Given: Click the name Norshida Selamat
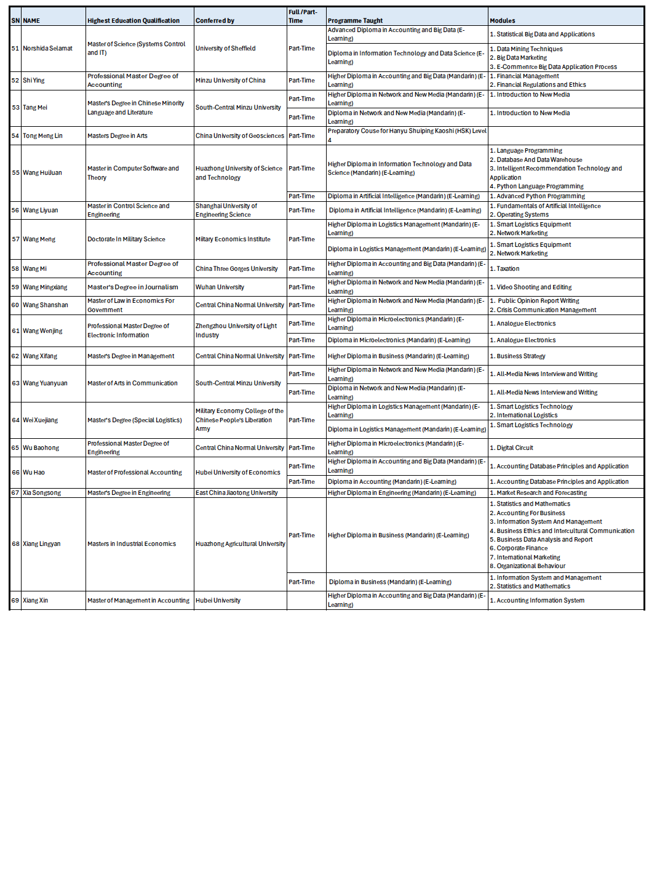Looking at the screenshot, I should coord(47,49).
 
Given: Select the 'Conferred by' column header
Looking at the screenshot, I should coord(215,21).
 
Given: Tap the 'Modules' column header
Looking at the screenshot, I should coord(503,21).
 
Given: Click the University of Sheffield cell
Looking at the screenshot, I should coord(225,49).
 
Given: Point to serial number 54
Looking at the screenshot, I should coord(15,136).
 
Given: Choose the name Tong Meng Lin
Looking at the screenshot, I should coord(42,136).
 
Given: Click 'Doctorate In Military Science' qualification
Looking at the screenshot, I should coord(126,239).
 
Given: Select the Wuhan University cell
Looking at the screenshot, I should coord(220,287).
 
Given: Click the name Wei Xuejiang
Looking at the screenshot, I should coord(40,420).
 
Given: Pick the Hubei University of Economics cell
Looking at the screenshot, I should coord(237,473).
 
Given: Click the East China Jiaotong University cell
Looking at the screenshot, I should coord(236,493).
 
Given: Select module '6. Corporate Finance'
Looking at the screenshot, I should coord(522,548).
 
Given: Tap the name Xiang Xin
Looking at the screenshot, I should coord(35,601).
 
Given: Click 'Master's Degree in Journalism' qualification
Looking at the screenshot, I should coord(132,287).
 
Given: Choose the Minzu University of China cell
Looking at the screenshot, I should coord(230,81).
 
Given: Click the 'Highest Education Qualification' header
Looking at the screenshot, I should coord(133,21).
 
